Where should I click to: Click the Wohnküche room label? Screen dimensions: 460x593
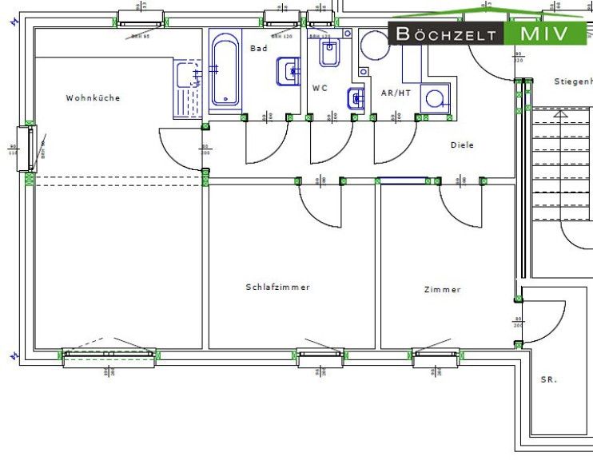93,98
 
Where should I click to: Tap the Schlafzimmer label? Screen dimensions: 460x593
277,287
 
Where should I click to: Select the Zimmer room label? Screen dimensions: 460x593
442,290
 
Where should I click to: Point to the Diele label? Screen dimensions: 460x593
462,145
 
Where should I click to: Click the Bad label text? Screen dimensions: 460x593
258,49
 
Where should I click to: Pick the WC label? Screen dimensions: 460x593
320,88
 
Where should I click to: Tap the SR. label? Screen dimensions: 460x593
548,380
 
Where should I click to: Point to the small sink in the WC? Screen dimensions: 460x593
356,99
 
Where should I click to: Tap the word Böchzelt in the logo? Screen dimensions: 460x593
446,34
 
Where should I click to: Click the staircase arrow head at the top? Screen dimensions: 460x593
561,114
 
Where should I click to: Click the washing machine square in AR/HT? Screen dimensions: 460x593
435,99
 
